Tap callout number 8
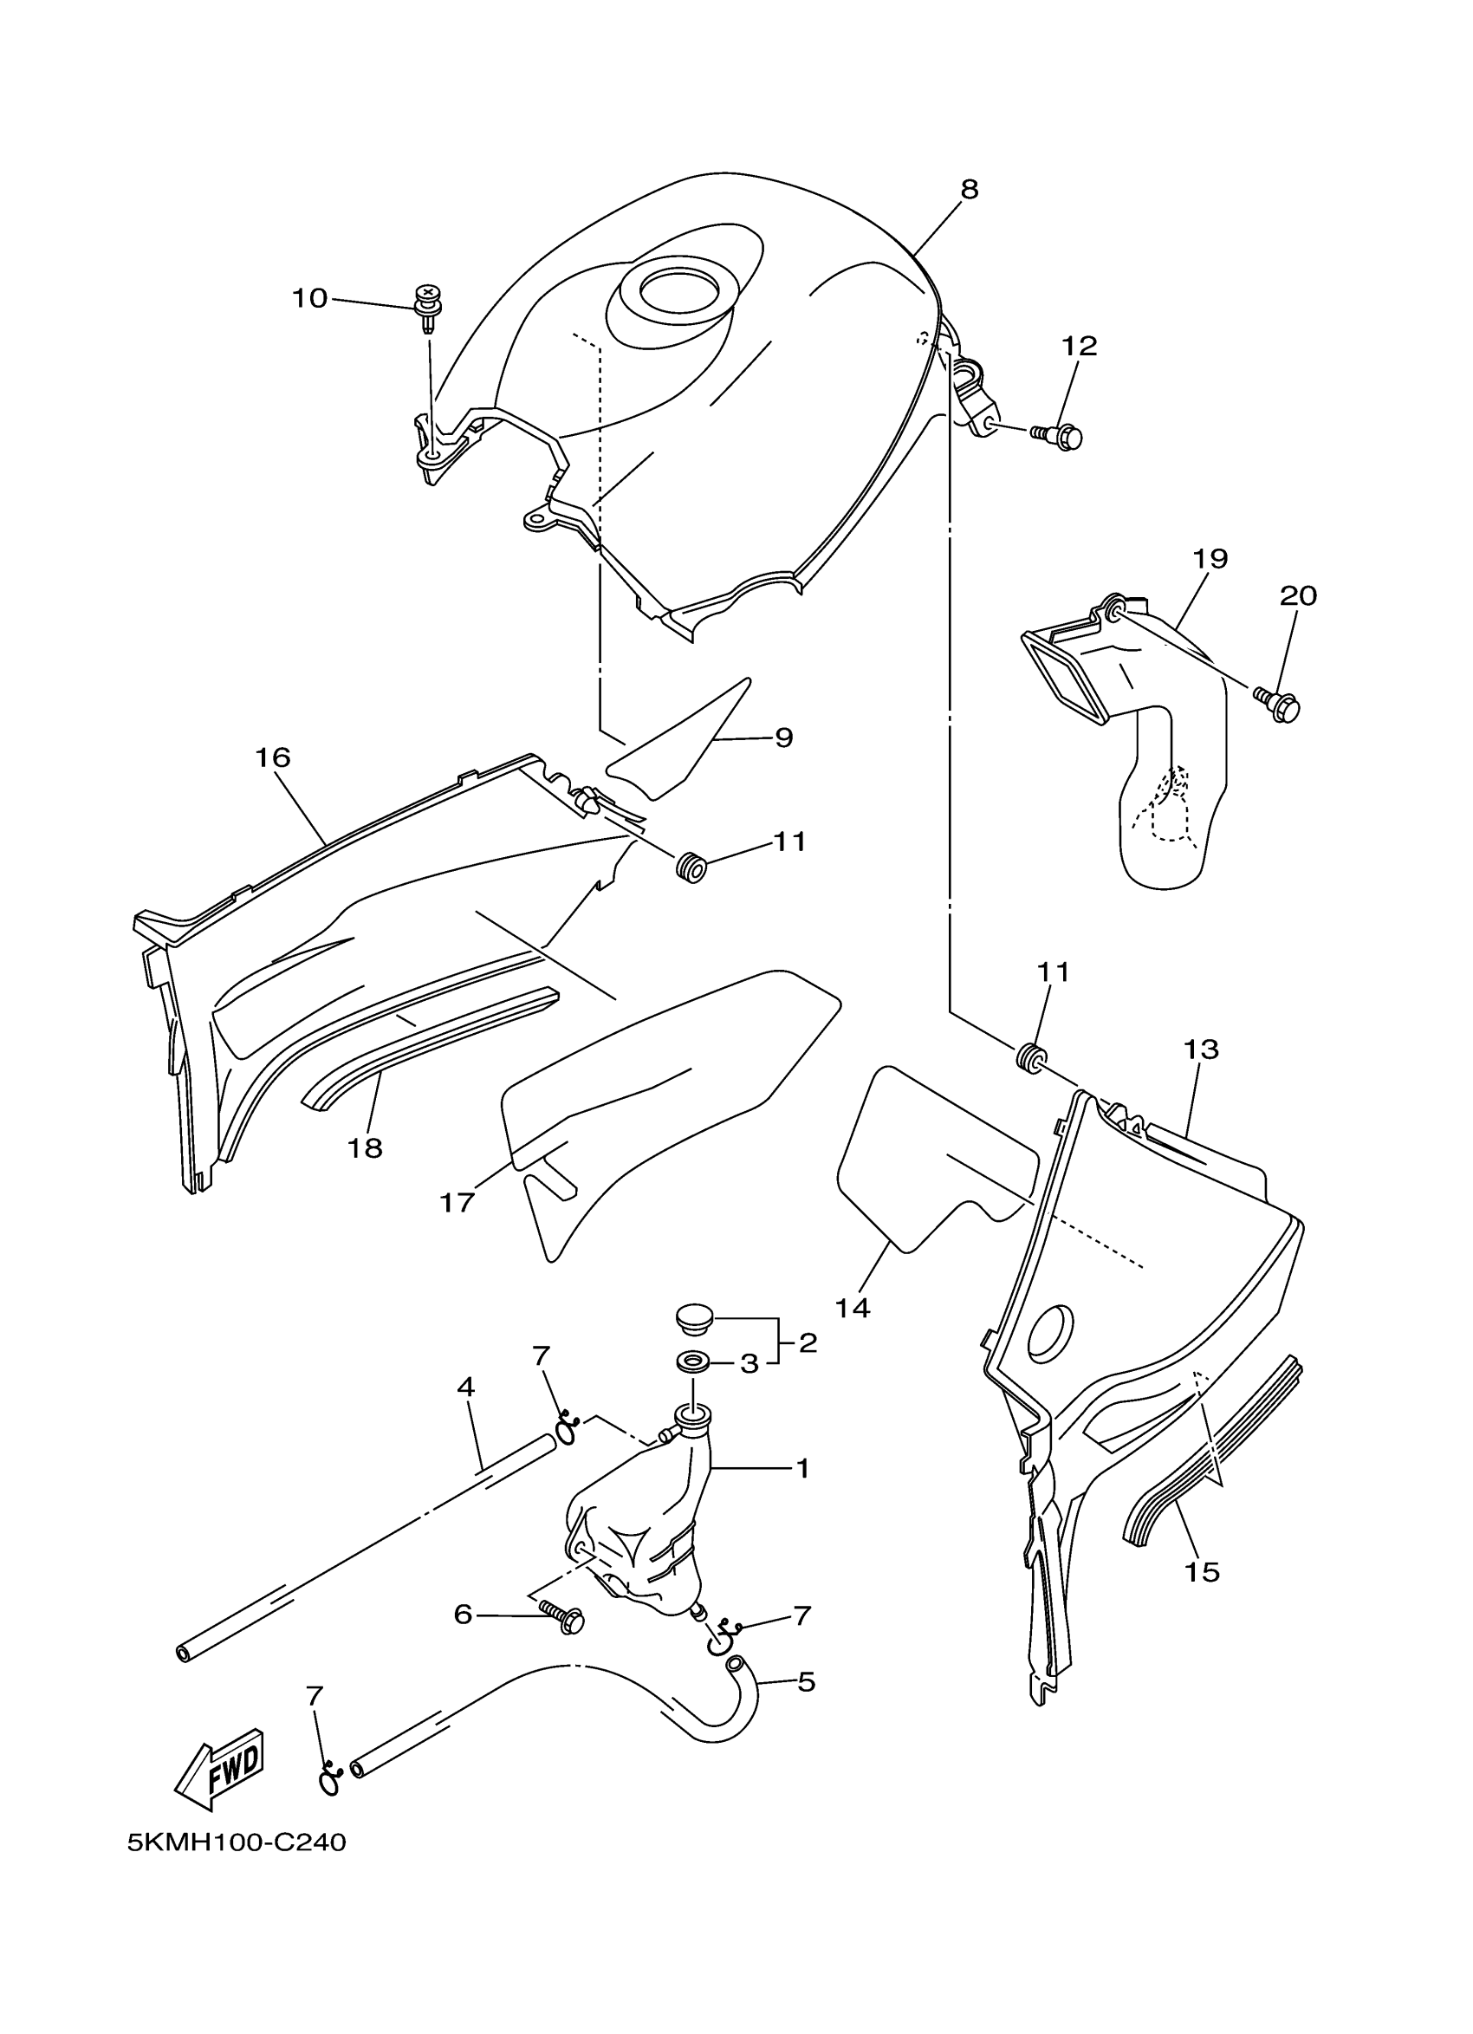(970, 190)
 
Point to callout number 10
(310, 298)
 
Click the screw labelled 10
(430, 305)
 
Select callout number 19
(1210, 558)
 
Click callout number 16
(273, 757)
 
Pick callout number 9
(782, 738)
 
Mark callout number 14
(853, 1309)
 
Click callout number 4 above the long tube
(465, 1387)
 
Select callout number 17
(457, 1202)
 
